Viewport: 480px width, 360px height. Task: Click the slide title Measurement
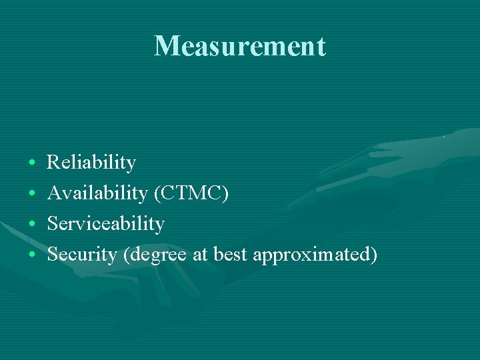click(240, 47)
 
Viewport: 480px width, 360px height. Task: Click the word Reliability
click(91, 163)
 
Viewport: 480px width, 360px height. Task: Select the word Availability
click(97, 193)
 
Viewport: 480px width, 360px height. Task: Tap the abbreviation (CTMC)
click(191, 193)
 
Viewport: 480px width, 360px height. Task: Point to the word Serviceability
click(106, 224)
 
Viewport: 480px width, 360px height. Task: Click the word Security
click(83, 255)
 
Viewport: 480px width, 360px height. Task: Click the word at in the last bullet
click(199, 255)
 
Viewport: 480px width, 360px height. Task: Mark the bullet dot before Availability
click(33, 194)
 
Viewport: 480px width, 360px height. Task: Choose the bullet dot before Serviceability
click(33, 225)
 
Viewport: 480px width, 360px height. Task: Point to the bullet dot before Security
click(33, 255)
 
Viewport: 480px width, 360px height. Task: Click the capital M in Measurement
click(165, 47)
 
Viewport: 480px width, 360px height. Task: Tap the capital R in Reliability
click(53, 162)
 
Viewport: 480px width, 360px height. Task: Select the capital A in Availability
click(54, 193)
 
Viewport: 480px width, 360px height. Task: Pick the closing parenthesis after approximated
click(374, 255)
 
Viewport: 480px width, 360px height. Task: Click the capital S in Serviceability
click(52, 224)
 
